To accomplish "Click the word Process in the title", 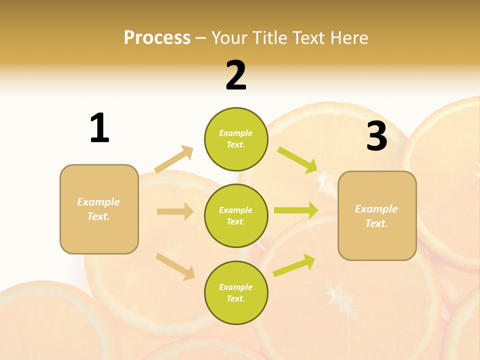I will [x=157, y=38].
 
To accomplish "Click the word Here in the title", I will [x=349, y=38].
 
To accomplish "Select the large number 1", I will [x=99, y=128].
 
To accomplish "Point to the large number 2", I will [x=236, y=75].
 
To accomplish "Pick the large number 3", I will [x=376, y=136].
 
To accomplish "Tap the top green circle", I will [x=236, y=139].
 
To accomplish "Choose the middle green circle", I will [x=236, y=215].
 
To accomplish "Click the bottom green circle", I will [x=236, y=292].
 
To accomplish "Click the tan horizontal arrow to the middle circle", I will [x=175, y=211].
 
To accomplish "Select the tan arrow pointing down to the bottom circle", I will [x=175, y=266].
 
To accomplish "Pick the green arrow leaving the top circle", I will [x=297, y=159].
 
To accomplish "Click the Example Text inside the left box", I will [x=98, y=209].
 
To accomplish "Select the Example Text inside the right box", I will [x=376, y=216].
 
